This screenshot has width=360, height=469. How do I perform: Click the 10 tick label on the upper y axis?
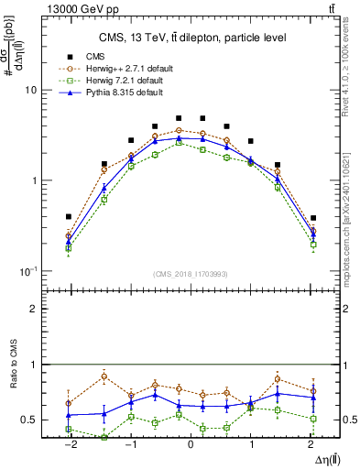[29, 91]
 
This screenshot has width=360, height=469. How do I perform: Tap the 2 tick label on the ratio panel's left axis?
[33, 309]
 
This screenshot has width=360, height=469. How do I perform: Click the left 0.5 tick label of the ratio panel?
[29, 420]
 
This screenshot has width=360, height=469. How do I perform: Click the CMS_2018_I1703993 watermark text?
[190, 275]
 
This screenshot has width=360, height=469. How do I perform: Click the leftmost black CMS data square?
[69, 217]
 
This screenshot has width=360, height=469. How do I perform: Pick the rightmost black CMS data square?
[313, 218]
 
